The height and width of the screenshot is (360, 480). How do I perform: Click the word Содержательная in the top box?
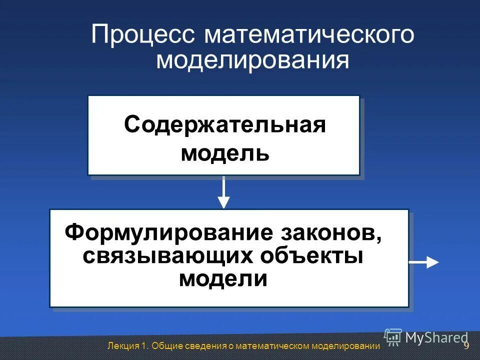point(225,124)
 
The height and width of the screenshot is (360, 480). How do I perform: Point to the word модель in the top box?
point(225,152)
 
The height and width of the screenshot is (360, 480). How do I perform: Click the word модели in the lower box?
point(223,278)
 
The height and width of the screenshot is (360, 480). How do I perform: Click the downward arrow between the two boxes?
point(223,192)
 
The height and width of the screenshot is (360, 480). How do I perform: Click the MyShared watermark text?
point(436,337)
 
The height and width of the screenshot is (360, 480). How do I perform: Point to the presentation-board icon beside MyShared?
point(393,337)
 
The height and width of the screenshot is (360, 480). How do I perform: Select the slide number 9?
point(466,346)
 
